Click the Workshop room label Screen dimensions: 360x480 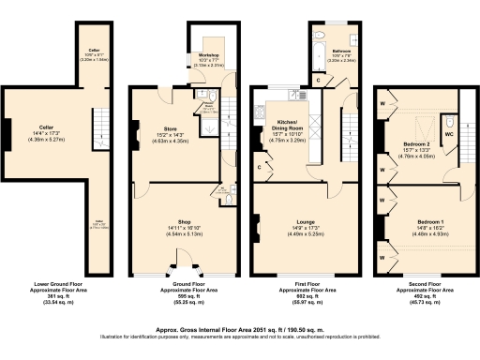pos(208,55)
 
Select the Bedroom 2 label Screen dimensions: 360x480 pos(413,146)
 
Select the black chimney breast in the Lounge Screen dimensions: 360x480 pos(254,224)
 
